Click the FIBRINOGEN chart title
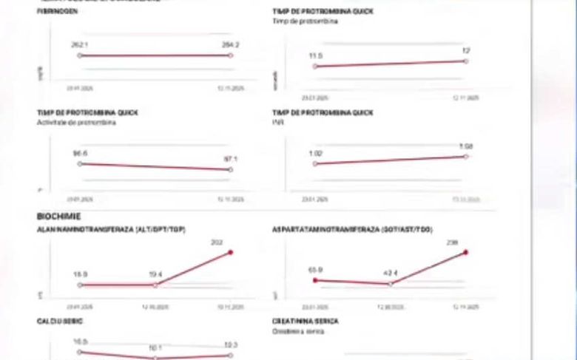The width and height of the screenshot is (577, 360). (x=58, y=12)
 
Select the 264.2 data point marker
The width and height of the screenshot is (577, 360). (x=231, y=55)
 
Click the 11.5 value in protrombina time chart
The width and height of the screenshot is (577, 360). (x=316, y=55)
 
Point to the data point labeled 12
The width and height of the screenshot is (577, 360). (x=466, y=61)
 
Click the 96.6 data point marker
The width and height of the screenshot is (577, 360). (x=80, y=163)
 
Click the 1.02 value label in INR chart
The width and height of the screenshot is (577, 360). (x=316, y=153)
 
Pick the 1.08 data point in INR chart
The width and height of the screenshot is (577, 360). (x=466, y=156)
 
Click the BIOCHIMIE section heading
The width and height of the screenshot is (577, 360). (x=59, y=217)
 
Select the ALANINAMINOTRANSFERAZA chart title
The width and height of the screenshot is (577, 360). (x=111, y=230)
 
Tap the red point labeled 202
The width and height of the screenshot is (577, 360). (x=231, y=253)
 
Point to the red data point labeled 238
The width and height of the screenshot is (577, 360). (x=466, y=252)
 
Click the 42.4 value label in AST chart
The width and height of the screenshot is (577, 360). (x=391, y=274)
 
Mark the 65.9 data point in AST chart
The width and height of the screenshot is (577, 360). (x=316, y=280)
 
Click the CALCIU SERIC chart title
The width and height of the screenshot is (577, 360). (x=60, y=322)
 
